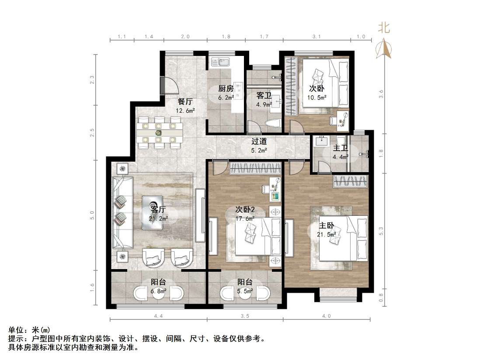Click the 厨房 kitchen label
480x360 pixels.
pos(225,89)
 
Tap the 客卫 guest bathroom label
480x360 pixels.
pos(264,95)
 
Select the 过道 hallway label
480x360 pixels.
pos(259,142)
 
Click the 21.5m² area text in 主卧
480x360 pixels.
pos(326,235)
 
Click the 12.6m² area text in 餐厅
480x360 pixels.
pos(185,110)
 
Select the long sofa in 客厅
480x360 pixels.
pos(123,212)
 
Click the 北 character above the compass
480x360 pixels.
pos(384,28)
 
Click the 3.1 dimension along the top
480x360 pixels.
pos(317,37)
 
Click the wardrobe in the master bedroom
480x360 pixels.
pos(351,181)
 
